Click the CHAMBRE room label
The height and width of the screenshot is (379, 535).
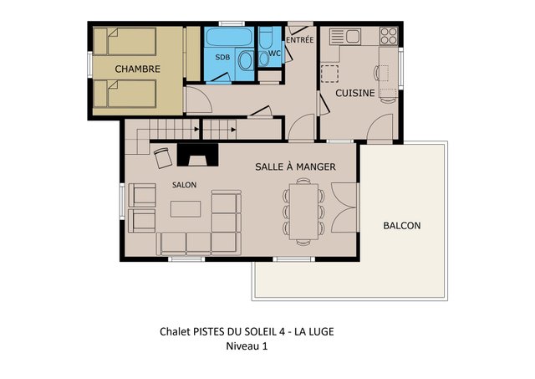point(137,69)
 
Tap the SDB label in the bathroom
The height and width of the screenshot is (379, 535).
point(222,58)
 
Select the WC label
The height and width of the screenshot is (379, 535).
point(274,54)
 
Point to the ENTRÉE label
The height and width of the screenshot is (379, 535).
point(299,39)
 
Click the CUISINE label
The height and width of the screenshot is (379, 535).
point(354,93)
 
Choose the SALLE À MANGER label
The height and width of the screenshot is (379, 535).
point(295,166)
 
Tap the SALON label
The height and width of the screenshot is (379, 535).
point(184,185)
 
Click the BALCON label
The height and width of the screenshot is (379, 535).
point(402,226)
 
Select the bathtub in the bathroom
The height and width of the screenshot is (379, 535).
point(229,37)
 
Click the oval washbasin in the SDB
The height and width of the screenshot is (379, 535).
point(245,61)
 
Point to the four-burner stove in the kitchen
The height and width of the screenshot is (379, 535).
point(389,36)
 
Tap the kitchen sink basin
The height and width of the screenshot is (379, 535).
point(353,36)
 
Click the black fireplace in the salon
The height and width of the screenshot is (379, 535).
point(197,155)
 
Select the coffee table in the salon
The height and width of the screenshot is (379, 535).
point(186,209)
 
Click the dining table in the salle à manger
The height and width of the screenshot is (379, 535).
point(303,212)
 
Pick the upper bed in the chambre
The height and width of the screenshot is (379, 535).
point(125,42)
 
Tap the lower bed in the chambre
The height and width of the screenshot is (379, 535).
point(125,94)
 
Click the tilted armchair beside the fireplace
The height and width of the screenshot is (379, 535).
point(163,158)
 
